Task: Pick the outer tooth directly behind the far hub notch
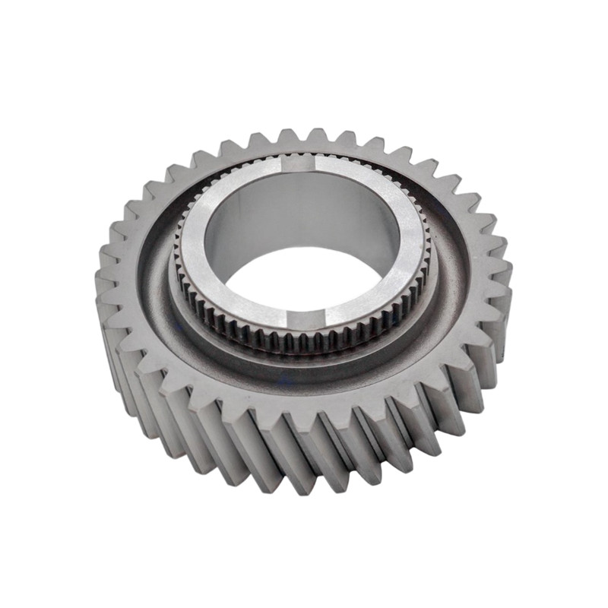(x=304, y=137)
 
